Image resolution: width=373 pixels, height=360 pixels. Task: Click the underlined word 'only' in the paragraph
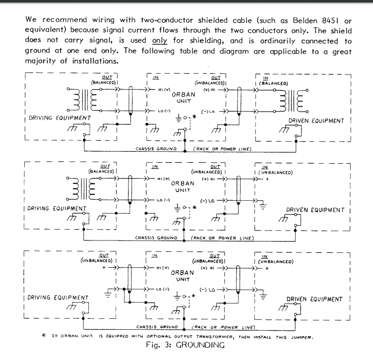pos(160,42)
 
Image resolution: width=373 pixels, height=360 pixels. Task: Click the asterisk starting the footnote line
pos(44,336)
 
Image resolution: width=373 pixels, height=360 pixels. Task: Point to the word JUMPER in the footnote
pos(301,337)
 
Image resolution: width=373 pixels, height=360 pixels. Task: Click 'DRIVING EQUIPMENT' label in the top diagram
pos(58,118)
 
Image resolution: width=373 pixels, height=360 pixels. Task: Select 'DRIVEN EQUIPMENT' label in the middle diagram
pos(315,210)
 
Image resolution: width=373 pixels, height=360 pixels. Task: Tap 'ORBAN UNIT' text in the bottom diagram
pos(183,276)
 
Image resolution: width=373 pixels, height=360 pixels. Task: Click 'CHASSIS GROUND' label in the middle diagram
pos(156,238)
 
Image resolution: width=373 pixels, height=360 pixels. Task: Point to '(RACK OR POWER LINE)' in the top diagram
pos(222,149)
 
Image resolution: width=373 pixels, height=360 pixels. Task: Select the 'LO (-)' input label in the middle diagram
pos(163,200)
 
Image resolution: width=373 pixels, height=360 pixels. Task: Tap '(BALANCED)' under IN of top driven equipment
pos(275,83)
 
